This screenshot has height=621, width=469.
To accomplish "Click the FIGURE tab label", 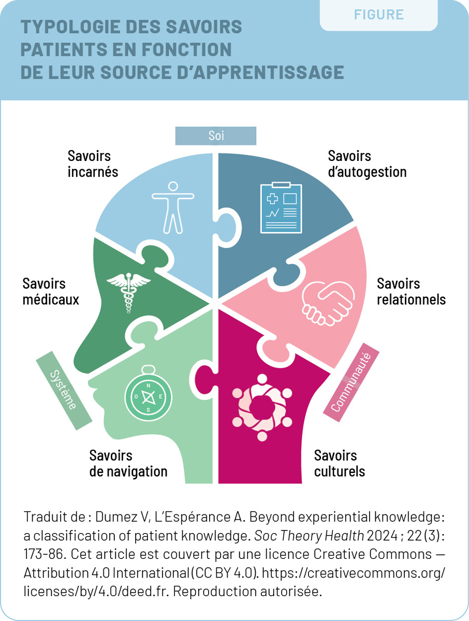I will click(379, 14).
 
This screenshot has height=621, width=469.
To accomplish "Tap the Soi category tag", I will click(216, 136).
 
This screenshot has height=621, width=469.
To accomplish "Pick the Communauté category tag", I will click(351, 382).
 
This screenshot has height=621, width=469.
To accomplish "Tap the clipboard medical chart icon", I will click(278, 207).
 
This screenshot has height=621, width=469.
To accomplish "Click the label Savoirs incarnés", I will click(93, 164).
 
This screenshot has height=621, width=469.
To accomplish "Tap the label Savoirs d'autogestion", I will click(367, 164).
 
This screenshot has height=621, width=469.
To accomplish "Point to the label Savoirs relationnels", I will click(411, 291).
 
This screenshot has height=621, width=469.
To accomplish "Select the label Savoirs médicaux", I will click(51, 291).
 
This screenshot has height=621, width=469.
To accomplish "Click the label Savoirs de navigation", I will click(128, 464).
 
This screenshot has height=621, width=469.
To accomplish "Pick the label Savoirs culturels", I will click(339, 464).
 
